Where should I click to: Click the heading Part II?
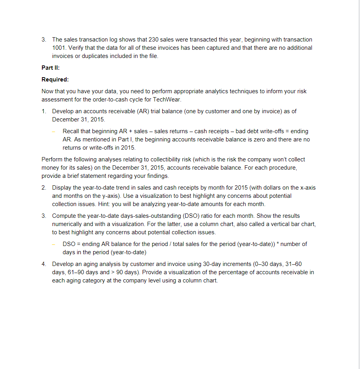(51, 68)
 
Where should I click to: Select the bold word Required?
(55, 80)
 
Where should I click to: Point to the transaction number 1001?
(59, 48)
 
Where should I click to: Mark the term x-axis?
(306, 188)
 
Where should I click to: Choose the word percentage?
(224, 272)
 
